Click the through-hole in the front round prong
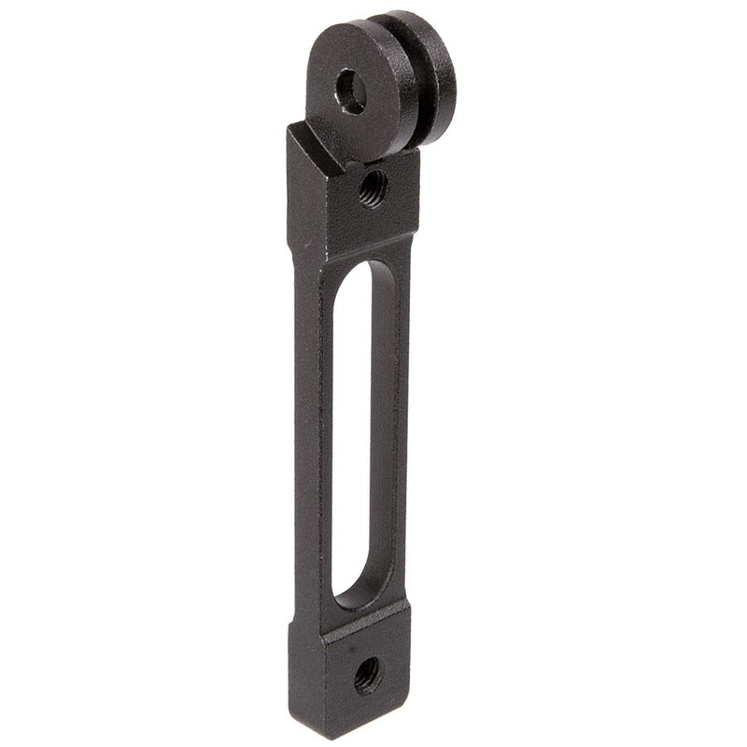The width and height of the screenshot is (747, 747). click(352, 92)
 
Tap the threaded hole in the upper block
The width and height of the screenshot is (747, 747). click(373, 188)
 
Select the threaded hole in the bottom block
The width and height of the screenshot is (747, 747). click(367, 674)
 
